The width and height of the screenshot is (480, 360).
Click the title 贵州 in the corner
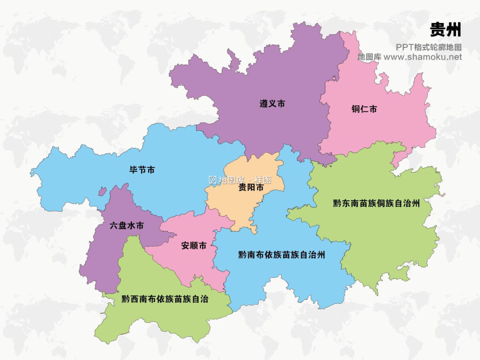pyautogui.click(x=445, y=30)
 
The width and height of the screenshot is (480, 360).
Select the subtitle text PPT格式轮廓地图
pyautogui.click(x=428, y=47)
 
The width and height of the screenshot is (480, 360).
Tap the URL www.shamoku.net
pyautogui.click(x=422, y=57)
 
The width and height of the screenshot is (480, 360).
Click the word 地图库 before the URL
pyautogui.click(x=369, y=57)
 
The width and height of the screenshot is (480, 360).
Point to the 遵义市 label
pyautogui.click(x=272, y=104)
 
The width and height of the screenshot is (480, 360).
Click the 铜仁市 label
pyautogui.click(x=364, y=109)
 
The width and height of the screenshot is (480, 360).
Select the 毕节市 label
pyautogui.click(x=142, y=170)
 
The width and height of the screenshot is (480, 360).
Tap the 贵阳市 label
pyautogui.click(x=251, y=188)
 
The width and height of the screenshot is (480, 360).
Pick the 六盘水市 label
pyautogui.click(x=127, y=226)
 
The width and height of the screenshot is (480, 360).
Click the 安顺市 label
pyautogui.click(x=194, y=246)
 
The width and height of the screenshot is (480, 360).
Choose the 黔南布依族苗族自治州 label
pyautogui.click(x=282, y=255)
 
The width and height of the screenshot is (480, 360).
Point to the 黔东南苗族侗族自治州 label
pyautogui.click(x=376, y=203)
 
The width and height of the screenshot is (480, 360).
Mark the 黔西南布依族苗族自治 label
pyautogui.click(x=165, y=299)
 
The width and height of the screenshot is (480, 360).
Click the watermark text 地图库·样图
pyautogui.click(x=245, y=180)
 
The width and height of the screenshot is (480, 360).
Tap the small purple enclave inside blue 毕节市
pyautogui.click(x=102, y=191)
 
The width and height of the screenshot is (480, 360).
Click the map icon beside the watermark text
pyautogui.click(x=213, y=180)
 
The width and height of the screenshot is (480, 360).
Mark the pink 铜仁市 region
pyautogui.click(x=384, y=128)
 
